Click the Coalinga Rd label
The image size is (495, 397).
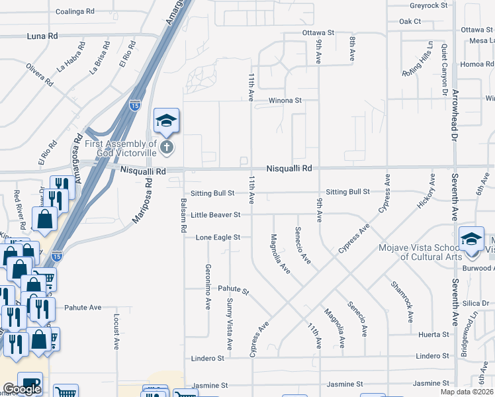75,12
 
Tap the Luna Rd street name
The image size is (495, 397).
43,36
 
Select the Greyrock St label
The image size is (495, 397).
429,5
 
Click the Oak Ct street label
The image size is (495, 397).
410,21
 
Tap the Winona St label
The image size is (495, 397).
285,101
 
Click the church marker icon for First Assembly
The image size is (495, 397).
167,146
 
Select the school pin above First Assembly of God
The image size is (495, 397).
167,120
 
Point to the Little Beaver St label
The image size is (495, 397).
215,214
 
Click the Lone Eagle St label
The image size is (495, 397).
218,237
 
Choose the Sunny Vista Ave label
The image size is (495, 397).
230,324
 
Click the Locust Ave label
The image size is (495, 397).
116,331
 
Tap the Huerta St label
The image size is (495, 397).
434,335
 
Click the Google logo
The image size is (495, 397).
22,389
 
